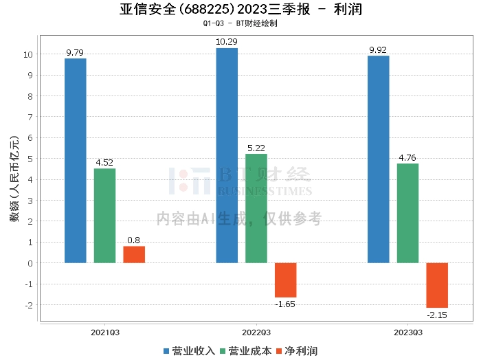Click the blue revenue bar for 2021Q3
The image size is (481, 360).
click(x=76, y=161)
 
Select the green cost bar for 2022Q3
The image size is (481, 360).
click(x=256, y=209)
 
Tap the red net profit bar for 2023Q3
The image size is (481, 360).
click(x=437, y=285)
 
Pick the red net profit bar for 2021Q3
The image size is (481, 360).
click(x=134, y=254)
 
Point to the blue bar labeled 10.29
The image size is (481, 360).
click(x=227, y=155)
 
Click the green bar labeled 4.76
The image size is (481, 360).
click(x=407, y=213)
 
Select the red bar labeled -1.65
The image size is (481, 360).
click(x=286, y=280)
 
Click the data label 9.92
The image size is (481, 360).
click(x=378, y=50)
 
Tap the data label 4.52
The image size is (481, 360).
click(x=104, y=163)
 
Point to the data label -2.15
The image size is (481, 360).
click(x=437, y=315)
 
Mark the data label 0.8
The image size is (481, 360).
click(x=134, y=240)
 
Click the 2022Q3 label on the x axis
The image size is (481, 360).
click(x=256, y=333)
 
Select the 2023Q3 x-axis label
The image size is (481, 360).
click(x=408, y=333)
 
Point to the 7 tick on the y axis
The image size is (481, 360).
click(x=30, y=117)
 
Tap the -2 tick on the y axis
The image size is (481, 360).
click(x=29, y=305)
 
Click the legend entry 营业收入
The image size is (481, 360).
click(x=189, y=351)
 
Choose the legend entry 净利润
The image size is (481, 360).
click(x=297, y=351)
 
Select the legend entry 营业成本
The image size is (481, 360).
click(x=246, y=351)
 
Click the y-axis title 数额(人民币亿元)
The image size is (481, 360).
click(x=14, y=179)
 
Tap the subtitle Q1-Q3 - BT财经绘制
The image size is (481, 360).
click(x=240, y=23)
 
